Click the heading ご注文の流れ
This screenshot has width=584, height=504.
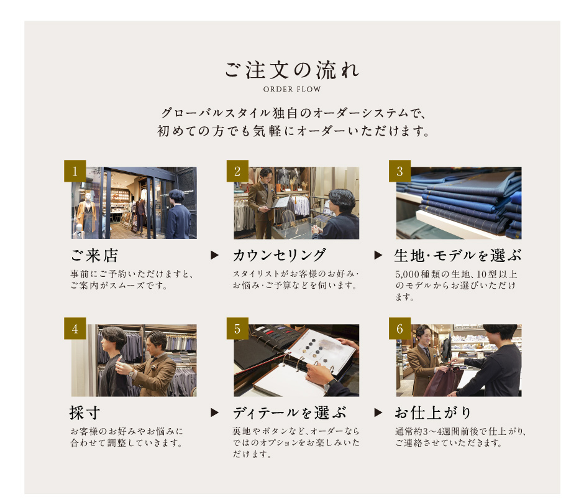point(292,70)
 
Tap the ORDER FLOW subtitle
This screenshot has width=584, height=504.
point(292,90)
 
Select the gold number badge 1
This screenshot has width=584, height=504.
point(75,171)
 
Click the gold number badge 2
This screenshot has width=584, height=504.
point(237,171)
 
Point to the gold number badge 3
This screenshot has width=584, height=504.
point(399,171)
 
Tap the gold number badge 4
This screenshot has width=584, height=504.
point(75,329)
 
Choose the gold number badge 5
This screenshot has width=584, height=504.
point(237,329)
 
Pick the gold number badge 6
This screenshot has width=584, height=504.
point(399,329)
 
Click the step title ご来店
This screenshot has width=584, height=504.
point(94,256)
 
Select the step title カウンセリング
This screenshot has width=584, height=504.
point(280,256)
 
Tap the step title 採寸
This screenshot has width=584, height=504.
point(85,413)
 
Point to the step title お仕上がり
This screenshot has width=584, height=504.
point(433,413)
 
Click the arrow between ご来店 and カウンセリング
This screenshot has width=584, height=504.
point(214,255)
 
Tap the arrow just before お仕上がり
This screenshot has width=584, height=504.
point(378,413)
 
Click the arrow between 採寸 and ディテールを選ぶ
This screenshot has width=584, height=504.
point(214,413)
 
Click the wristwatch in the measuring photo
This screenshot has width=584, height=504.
point(131,373)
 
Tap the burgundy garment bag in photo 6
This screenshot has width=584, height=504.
point(442,381)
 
